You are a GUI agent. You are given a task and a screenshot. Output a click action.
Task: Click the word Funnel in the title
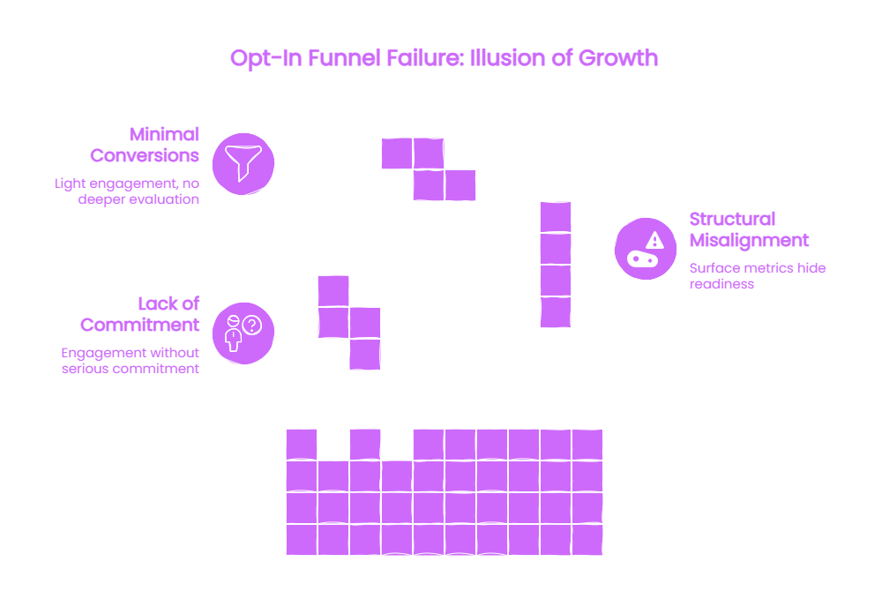click(x=344, y=58)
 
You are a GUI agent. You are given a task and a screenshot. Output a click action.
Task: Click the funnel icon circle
click(x=243, y=164)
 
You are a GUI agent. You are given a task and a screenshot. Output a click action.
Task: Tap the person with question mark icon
click(x=243, y=333)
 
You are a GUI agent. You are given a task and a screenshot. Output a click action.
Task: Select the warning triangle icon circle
click(x=646, y=248)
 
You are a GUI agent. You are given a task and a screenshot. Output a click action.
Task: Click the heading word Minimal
click(x=164, y=134)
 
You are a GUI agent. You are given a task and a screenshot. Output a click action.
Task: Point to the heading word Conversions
click(x=145, y=155)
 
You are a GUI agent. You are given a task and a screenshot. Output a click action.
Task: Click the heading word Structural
click(x=732, y=219)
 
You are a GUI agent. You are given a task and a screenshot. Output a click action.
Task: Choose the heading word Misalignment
click(x=749, y=240)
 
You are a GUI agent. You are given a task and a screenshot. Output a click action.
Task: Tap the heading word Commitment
click(x=139, y=325)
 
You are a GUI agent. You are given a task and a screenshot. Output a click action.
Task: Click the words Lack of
click(x=168, y=303)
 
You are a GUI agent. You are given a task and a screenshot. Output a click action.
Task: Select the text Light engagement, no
click(x=127, y=183)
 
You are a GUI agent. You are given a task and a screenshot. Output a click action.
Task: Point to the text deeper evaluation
click(x=138, y=199)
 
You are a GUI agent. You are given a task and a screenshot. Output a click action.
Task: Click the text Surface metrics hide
click(x=758, y=268)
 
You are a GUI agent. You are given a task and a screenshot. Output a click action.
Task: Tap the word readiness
click(x=721, y=284)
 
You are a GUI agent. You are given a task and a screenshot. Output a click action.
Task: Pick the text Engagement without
click(x=130, y=353)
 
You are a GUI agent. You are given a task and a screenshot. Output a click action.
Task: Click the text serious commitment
click(x=131, y=369)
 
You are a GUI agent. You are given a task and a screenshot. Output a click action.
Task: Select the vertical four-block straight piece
click(x=556, y=265)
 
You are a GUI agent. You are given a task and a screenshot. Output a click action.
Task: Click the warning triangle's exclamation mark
click(x=654, y=242)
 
